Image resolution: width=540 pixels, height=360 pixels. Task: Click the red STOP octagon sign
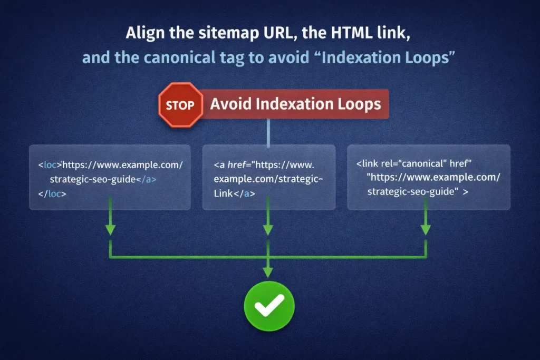(x=180, y=105)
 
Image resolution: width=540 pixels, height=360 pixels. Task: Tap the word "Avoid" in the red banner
(x=230, y=103)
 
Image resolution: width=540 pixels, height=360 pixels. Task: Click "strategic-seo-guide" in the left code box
(x=92, y=179)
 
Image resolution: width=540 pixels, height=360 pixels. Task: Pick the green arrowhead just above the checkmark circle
(x=269, y=271)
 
